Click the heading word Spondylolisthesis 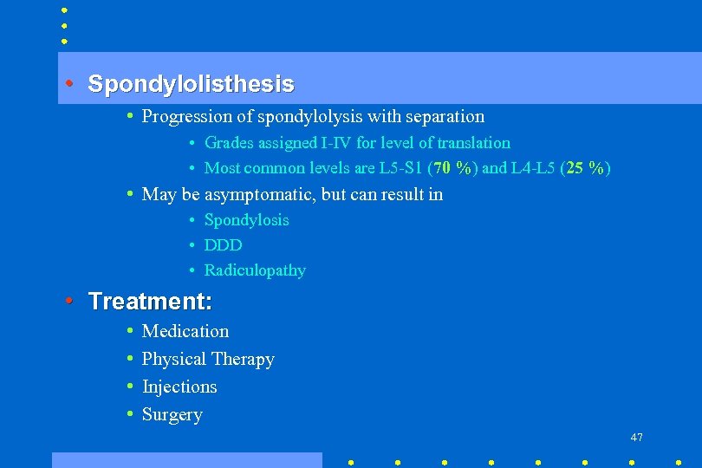[191, 84]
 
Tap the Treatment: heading [150, 302]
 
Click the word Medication [185, 331]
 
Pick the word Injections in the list [179, 387]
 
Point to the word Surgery [172, 414]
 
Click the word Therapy [244, 359]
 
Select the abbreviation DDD [223, 245]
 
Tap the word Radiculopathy [255, 270]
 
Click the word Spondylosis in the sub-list [246, 220]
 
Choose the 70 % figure [452, 168]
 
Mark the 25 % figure [586, 168]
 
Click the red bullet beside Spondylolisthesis [69, 84]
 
